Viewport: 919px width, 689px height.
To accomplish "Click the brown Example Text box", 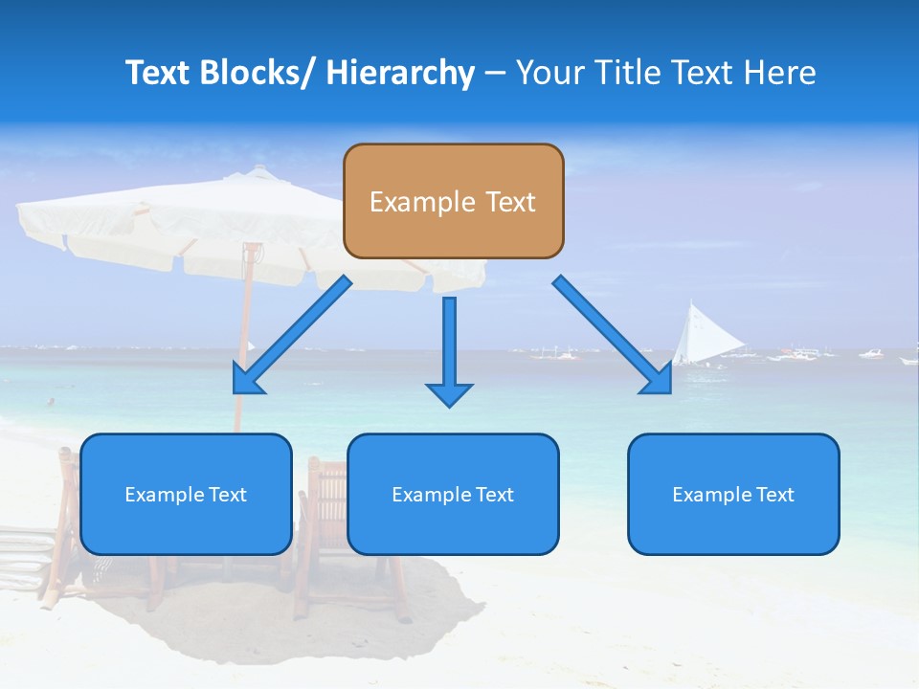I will click(x=453, y=201).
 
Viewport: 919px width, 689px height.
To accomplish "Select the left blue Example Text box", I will click(x=186, y=494).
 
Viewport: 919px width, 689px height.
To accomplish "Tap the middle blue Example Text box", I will click(x=453, y=494).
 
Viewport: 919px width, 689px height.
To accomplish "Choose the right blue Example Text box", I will click(x=733, y=494).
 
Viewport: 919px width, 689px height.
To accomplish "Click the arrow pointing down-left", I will click(x=292, y=335).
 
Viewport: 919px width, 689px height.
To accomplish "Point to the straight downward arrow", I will click(x=449, y=349).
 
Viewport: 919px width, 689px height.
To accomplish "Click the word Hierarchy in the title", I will click(x=400, y=73).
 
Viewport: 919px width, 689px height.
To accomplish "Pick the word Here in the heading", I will click(x=779, y=73).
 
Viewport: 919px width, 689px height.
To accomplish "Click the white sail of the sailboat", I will click(x=697, y=335).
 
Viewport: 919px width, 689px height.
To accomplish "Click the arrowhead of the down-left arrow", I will click(x=247, y=380).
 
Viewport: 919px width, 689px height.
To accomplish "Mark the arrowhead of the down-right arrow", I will click(x=658, y=380).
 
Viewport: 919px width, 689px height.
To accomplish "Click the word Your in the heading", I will click(x=551, y=73).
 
